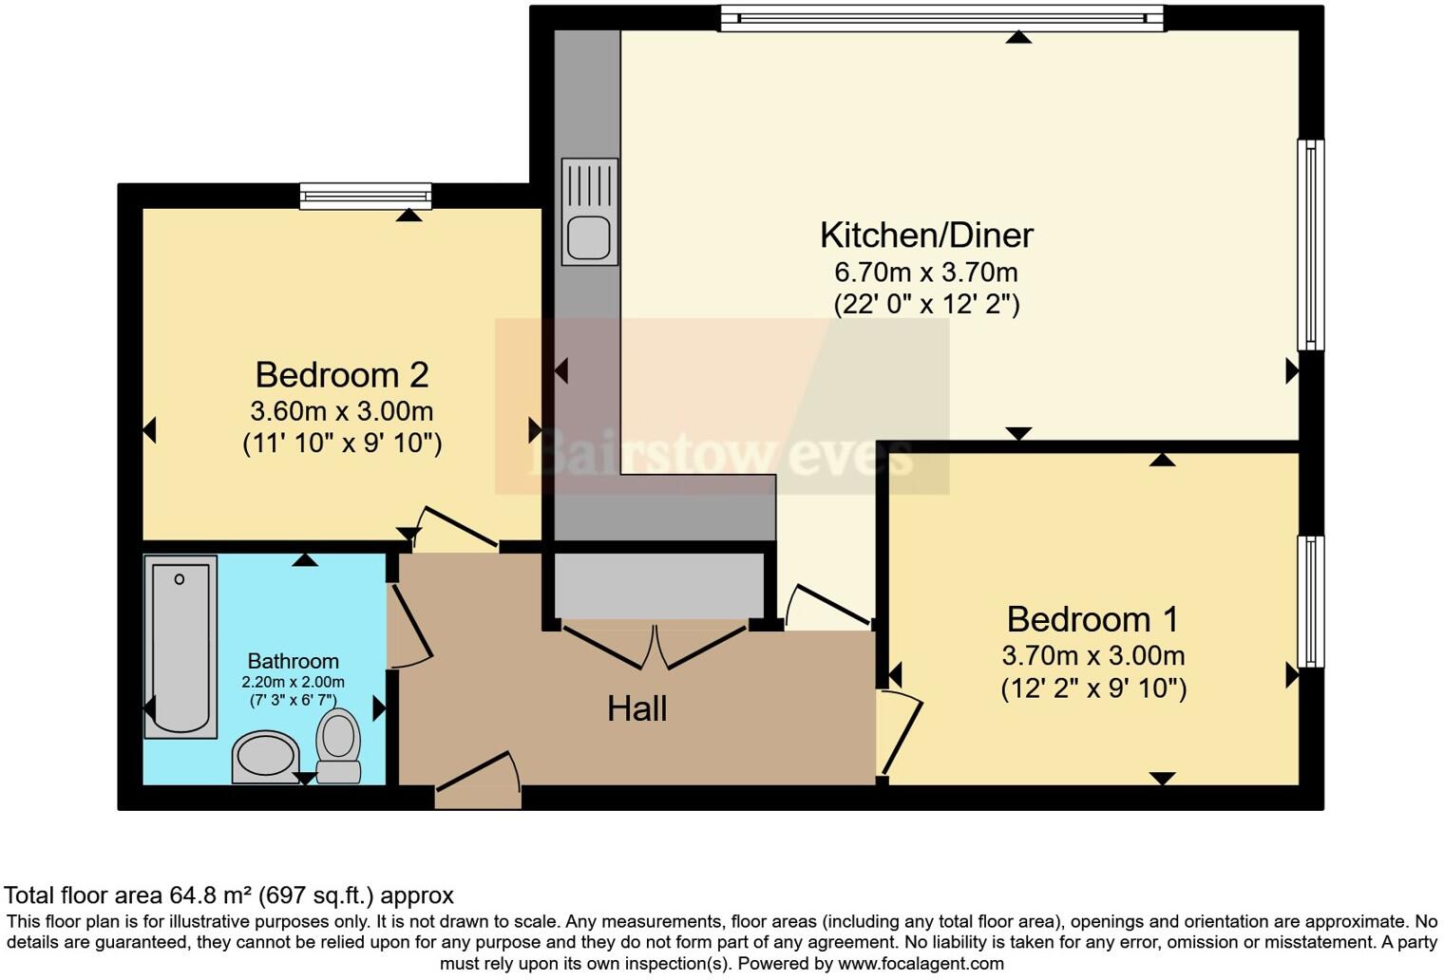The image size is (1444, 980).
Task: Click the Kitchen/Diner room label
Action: [x=926, y=235]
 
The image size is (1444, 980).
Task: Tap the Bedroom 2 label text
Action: [x=342, y=375]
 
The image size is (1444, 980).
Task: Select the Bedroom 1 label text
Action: [x=1092, y=619]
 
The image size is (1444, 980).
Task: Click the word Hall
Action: [x=636, y=708]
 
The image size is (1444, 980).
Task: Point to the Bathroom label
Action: [x=293, y=661]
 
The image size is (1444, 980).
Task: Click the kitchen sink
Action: [x=589, y=237]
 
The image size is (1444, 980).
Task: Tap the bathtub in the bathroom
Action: [x=180, y=646]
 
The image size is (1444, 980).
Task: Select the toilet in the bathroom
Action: [x=338, y=745]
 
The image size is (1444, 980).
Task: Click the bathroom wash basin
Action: [x=266, y=758]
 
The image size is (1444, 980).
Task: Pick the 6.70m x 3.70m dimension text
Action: [x=926, y=273]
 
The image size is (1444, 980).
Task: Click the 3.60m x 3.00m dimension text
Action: [x=342, y=411]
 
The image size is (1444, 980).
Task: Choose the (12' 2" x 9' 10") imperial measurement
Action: [x=1093, y=688]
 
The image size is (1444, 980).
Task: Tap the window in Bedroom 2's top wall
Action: [x=366, y=197]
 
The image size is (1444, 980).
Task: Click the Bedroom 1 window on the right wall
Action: [x=1311, y=601]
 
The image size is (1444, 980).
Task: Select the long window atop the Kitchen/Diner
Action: [x=940, y=17]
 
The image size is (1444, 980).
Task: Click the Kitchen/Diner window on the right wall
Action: [x=1311, y=245]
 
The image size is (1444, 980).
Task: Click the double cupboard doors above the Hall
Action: [x=655, y=646]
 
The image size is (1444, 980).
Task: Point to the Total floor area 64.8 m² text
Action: [x=229, y=895]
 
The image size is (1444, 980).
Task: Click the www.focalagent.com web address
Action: [x=920, y=963]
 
